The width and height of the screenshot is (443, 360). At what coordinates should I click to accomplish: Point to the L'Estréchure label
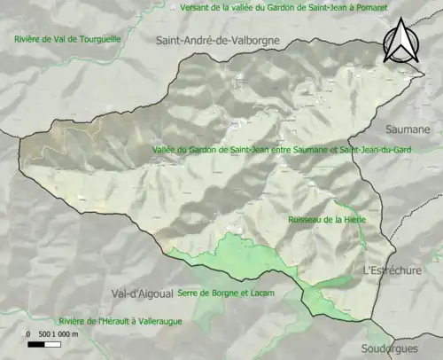coord(392,270)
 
